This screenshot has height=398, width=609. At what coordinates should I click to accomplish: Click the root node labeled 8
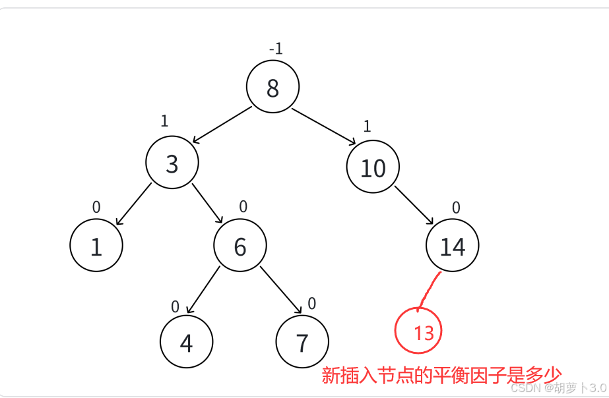click(x=272, y=87)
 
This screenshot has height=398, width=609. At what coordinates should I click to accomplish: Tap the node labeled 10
click(x=373, y=167)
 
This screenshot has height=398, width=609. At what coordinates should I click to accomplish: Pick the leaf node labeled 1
click(x=96, y=246)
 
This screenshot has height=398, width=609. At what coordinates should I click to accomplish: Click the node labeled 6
click(x=240, y=246)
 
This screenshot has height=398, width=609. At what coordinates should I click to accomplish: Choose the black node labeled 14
click(x=453, y=246)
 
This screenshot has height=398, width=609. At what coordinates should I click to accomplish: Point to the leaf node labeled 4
click(x=187, y=342)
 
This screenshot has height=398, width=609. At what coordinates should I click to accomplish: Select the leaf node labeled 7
click(x=302, y=342)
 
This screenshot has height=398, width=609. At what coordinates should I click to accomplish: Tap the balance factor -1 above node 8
click(x=276, y=49)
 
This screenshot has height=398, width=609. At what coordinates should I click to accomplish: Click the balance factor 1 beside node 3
click(x=164, y=121)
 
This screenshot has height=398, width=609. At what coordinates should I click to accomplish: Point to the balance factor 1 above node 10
click(x=368, y=127)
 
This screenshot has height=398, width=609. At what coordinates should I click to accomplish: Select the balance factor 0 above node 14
click(x=456, y=208)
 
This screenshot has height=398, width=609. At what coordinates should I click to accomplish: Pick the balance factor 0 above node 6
click(x=243, y=206)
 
